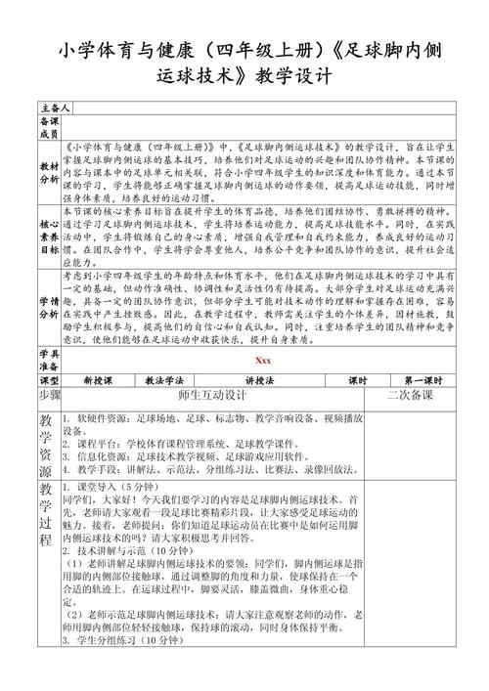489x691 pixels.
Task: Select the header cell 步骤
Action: pyautogui.click(x=49, y=396)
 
